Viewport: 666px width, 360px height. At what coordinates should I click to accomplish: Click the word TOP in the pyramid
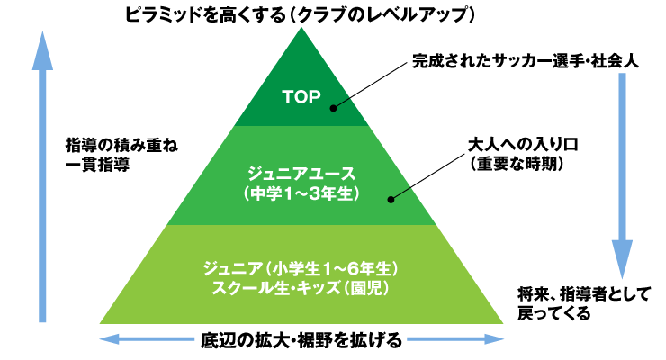point(301,97)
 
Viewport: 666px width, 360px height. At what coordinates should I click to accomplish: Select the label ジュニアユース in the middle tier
point(301,174)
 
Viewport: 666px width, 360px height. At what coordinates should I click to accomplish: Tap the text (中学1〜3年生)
point(301,193)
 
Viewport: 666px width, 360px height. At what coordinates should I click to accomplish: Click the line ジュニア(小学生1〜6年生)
point(301,268)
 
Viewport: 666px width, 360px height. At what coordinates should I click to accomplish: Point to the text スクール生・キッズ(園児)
point(301,288)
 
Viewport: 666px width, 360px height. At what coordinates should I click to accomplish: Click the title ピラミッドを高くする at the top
point(205,15)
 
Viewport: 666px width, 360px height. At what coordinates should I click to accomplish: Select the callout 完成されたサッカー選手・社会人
point(526,61)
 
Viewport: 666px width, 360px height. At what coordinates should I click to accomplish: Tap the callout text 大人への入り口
point(523,145)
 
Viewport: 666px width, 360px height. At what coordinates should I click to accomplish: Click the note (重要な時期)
point(517,164)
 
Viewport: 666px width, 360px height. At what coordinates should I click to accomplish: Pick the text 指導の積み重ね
point(121,145)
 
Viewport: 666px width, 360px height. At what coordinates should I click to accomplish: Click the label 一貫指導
point(97,165)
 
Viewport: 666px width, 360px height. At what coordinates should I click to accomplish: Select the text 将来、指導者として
point(584,293)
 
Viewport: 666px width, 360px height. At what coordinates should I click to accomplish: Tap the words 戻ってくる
point(553,313)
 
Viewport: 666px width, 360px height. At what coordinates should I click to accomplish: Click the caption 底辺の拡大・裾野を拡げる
point(301,340)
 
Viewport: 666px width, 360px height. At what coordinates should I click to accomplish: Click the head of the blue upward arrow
point(42,52)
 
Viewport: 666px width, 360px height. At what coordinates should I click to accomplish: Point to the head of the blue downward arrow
point(622,259)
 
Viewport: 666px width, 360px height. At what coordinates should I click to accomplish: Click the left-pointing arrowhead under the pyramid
point(109,338)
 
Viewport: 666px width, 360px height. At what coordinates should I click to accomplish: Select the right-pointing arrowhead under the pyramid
point(494,338)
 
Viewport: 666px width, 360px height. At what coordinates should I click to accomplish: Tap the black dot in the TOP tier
point(333,108)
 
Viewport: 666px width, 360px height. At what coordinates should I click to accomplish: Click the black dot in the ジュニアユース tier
point(391,200)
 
